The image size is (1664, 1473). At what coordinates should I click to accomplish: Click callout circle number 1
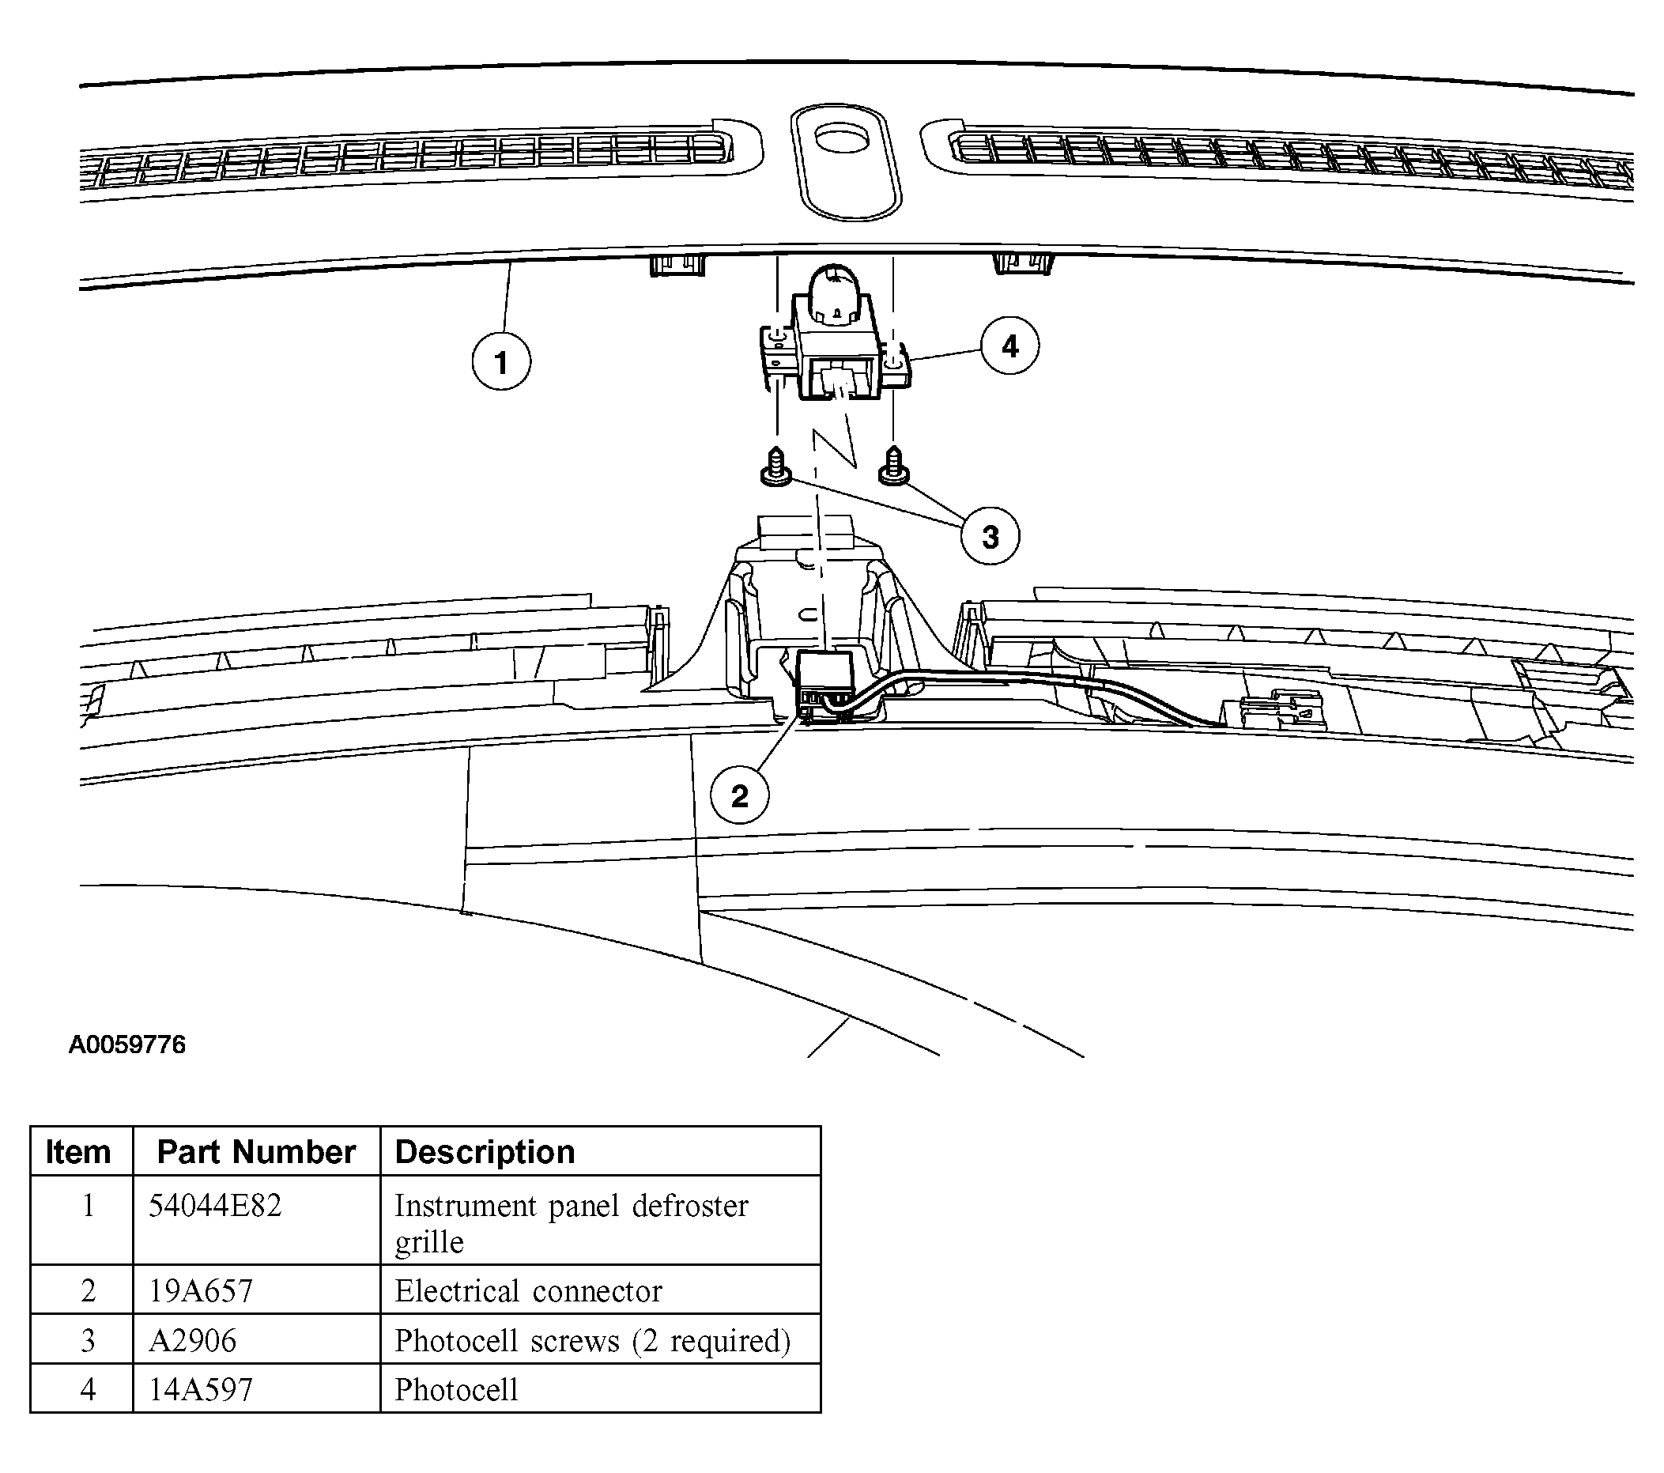point(501,361)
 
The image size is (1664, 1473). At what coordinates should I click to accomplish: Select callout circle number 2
point(740,795)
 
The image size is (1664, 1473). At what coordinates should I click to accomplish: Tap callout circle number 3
point(990,536)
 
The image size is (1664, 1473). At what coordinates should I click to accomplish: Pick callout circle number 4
point(1010,346)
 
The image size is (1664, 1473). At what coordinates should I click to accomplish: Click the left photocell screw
point(776,467)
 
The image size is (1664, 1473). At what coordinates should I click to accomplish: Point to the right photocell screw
point(894,466)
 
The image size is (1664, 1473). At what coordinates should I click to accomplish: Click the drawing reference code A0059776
point(127,1044)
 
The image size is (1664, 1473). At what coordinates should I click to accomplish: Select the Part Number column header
point(256,1152)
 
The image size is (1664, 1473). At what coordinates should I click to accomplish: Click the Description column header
point(485,1152)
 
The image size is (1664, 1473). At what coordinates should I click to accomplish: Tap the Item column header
point(78,1152)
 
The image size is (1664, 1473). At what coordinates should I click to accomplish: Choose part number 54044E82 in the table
point(215,1206)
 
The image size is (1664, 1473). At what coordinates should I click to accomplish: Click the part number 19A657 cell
point(200,1291)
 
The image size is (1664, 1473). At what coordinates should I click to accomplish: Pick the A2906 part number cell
point(193,1341)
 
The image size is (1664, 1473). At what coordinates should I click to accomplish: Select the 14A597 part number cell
point(200,1390)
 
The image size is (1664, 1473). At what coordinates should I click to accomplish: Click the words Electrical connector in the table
point(528,1291)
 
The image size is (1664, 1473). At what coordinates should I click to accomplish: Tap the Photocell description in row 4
point(457,1390)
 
